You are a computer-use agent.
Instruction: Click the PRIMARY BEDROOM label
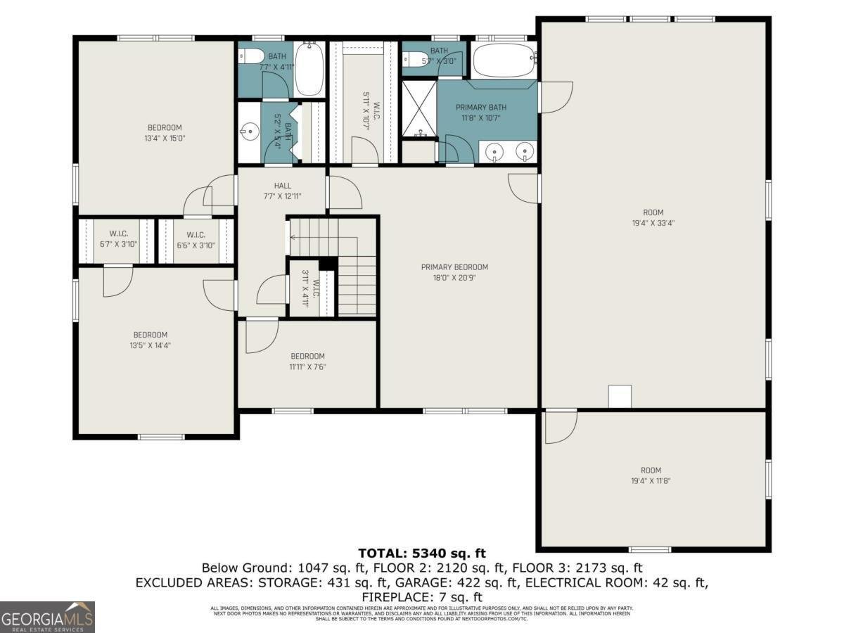[454, 267]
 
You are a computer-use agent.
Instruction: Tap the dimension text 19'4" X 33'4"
[653, 223]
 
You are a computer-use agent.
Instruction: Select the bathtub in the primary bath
[502, 61]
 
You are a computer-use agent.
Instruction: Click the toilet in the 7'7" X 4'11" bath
[251, 56]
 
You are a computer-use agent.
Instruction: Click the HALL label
[282, 186]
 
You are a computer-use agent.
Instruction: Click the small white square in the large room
[620, 397]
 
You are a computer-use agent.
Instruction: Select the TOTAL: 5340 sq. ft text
[422, 554]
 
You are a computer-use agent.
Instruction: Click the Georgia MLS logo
[47, 617]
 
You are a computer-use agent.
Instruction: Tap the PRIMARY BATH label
[480, 108]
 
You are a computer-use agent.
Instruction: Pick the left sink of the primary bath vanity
[496, 151]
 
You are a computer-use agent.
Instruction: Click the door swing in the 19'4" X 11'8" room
[559, 428]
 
